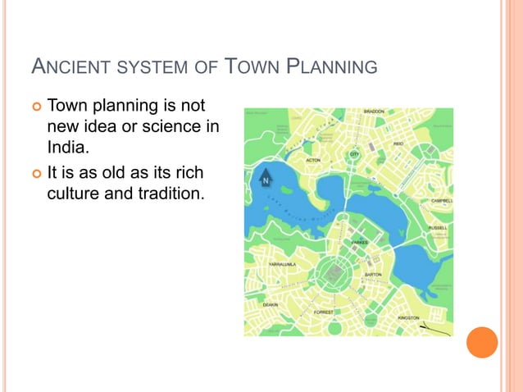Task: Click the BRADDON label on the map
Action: click(374, 112)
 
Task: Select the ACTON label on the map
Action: click(313, 161)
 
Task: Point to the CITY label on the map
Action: click(354, 154)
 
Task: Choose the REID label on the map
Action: click(398, 144)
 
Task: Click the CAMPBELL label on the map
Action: click(442, 200)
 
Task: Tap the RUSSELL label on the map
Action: click(438, 227)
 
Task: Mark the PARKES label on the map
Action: click(359, 244)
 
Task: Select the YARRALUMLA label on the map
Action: click(284, 265)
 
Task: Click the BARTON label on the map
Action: click(373, 275)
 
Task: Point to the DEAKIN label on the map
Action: click(270, 304)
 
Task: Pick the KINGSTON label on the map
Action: click(408, 317)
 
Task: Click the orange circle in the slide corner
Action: click(482, 342)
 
